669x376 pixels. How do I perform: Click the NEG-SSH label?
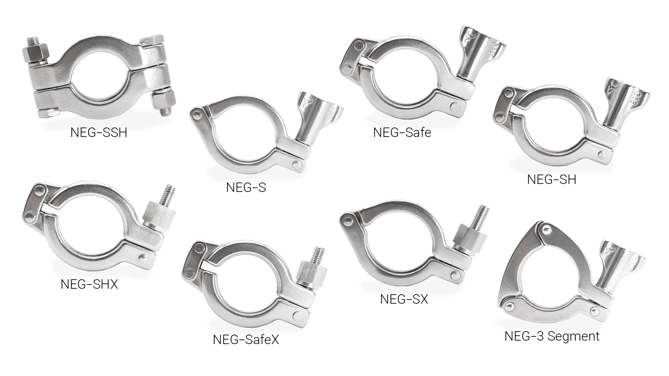click(99, 133)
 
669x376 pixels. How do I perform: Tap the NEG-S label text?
click(246, 187)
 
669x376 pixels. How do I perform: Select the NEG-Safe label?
click(402, 133)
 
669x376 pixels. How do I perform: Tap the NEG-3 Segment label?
click(552, 336)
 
